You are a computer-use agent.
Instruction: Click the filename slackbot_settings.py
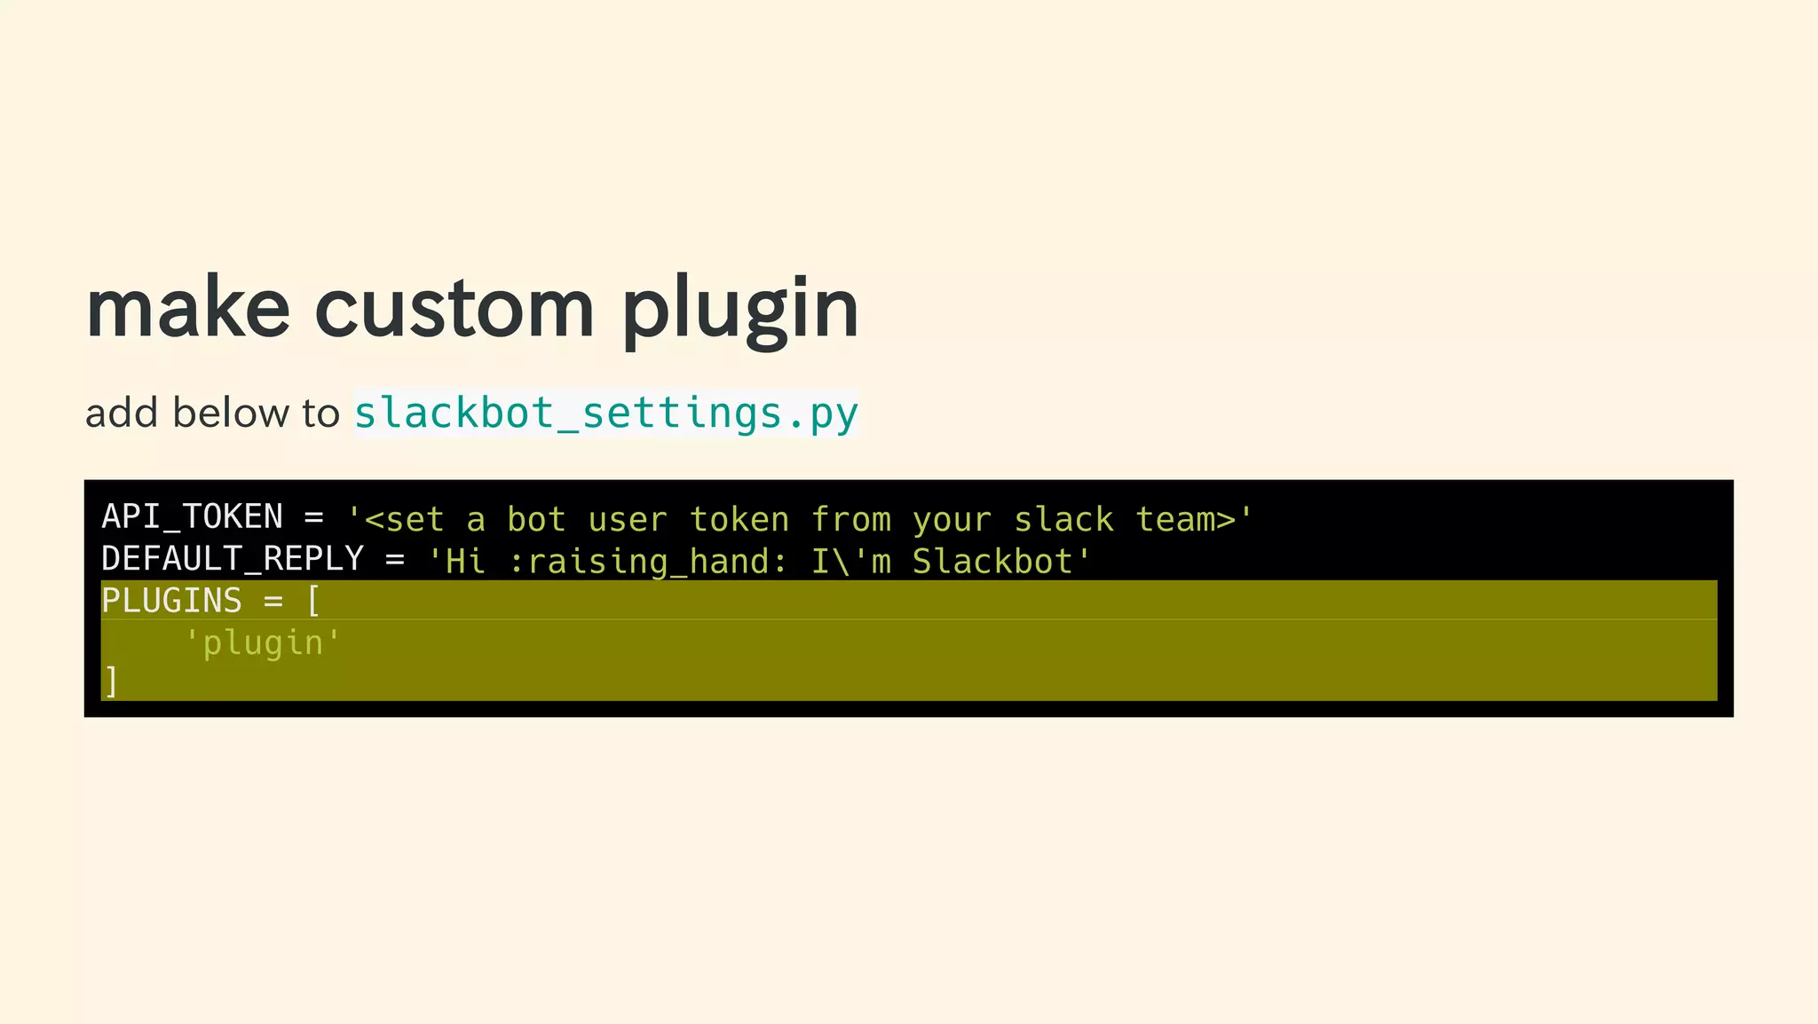606,414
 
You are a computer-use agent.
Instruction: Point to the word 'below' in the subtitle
231,414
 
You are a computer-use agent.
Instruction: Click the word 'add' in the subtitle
122,414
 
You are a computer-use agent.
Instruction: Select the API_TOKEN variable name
192,517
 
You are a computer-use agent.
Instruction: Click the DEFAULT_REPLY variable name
233,559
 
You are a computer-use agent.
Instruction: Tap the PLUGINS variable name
171,601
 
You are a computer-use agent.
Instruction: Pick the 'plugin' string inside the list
263,642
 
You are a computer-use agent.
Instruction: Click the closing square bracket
110,682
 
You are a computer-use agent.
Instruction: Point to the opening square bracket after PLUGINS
312,601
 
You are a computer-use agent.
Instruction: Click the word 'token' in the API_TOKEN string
739,519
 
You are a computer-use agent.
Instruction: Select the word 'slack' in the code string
1063,519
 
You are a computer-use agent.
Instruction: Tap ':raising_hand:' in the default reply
649,562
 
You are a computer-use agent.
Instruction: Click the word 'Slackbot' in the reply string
993,562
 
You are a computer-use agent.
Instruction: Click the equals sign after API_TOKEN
313,518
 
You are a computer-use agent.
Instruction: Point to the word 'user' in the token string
628,519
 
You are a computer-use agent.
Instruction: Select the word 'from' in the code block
850,519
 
